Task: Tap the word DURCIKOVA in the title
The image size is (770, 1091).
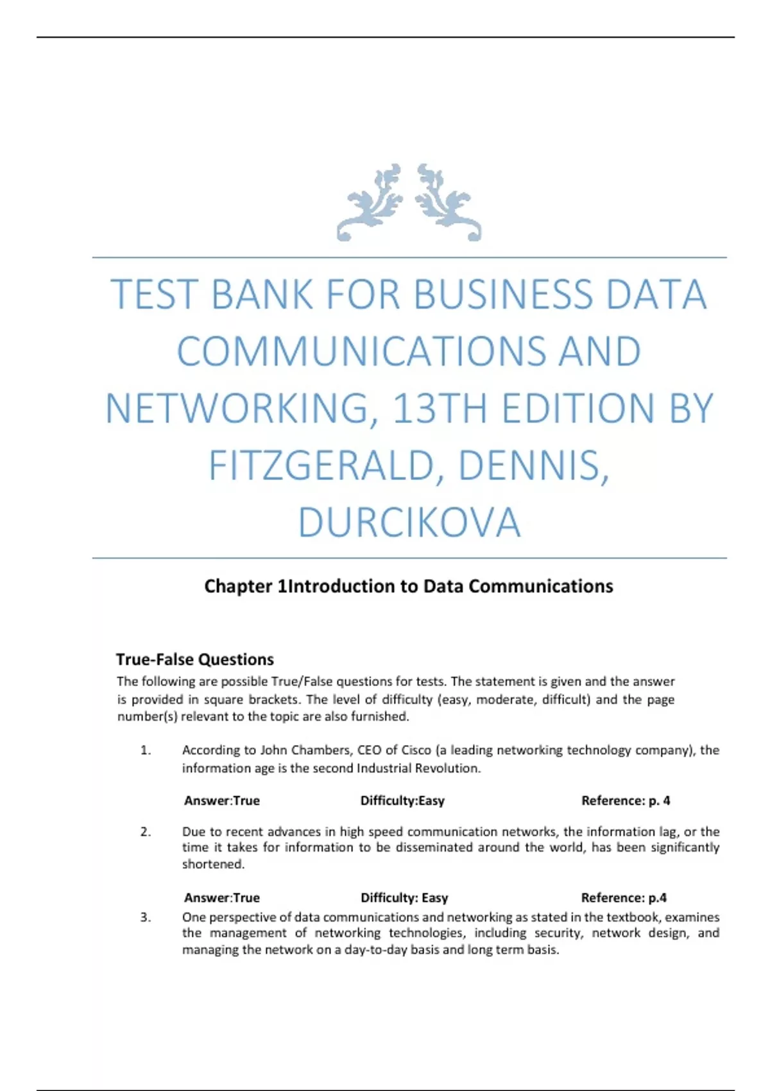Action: point(409,522)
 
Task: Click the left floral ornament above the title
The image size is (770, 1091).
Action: point(371,202)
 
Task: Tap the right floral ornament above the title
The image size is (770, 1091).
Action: point(448,202)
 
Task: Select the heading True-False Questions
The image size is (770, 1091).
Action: point(194,659)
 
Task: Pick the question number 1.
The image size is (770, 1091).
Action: point(146,750)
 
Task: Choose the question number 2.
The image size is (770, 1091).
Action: point(146,832)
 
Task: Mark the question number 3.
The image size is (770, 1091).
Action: point(146,917)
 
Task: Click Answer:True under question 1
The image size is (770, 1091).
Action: point(222,801)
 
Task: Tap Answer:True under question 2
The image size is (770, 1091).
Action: point(222,898)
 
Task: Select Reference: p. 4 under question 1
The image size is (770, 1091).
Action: point(626,801)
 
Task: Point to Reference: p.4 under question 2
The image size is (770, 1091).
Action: point(624,898)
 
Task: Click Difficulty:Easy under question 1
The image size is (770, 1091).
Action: point(402,801)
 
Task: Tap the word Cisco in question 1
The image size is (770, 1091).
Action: point(416,750)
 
